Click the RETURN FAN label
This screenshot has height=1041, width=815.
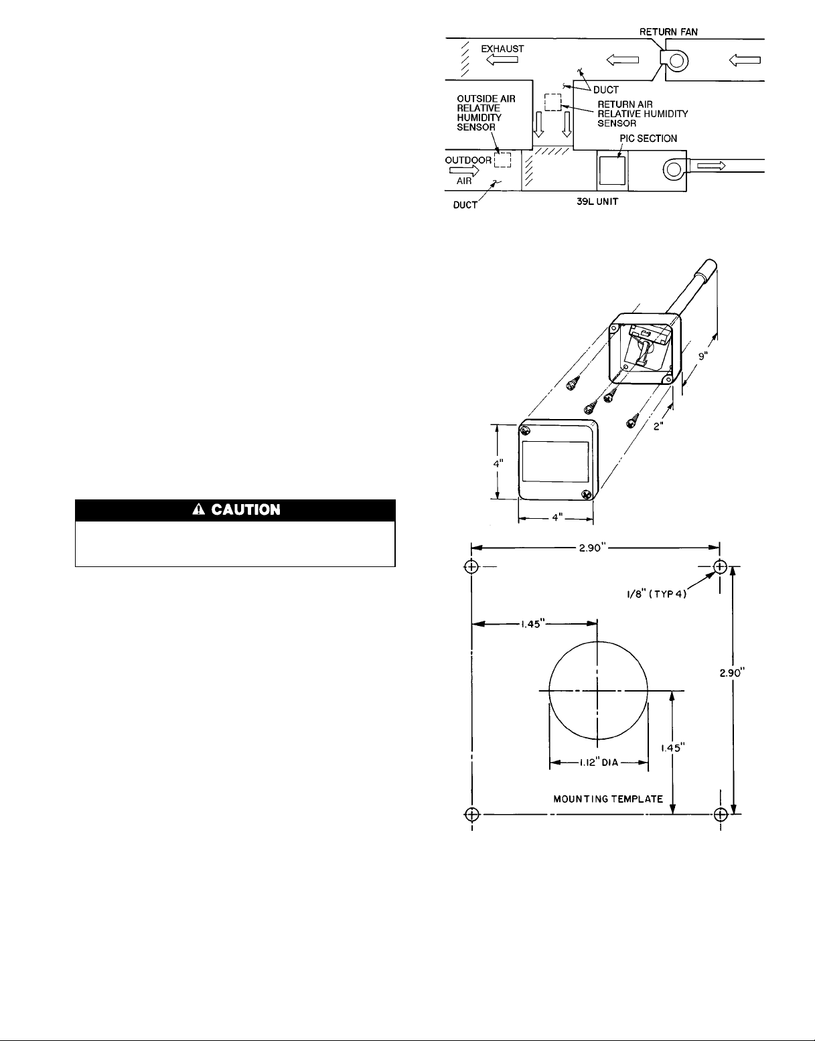[668, 31]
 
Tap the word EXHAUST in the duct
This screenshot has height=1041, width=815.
[502, 49]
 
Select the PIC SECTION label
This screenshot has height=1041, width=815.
[648, 139]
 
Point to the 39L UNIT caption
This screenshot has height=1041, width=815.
[597, 202]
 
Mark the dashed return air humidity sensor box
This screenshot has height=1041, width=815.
[553, 102]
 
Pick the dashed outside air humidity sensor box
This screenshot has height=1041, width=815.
[502, 160]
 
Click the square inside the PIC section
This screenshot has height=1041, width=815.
[612, 171]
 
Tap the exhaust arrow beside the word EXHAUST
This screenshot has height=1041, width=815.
[502, 60]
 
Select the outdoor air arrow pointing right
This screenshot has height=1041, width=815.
[464, 170]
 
